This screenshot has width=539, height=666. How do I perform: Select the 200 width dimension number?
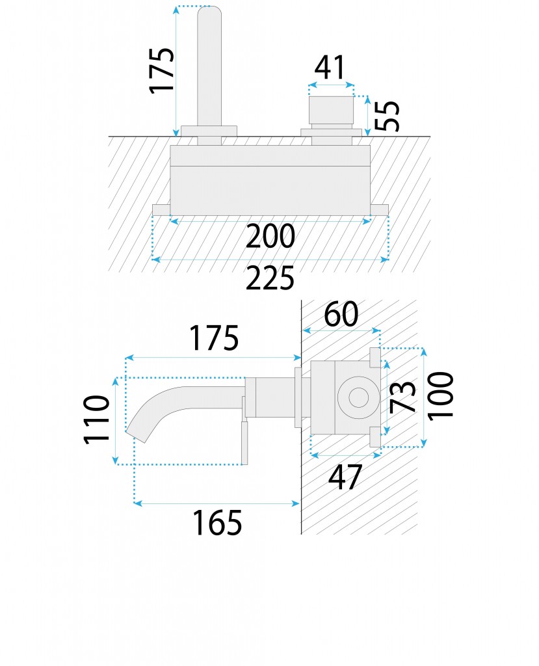point(270,237)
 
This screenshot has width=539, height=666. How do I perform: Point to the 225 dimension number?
point(270,279)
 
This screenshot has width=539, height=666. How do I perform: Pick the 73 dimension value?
point(404,397)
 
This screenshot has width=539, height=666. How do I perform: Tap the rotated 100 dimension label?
point(441,395)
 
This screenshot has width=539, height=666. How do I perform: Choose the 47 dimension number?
point(345,478)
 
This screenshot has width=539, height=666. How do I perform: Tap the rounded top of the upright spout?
point(209,13)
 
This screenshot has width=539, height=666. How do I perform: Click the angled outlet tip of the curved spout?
point(133,433)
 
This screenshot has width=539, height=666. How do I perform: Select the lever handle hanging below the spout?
point(244,442)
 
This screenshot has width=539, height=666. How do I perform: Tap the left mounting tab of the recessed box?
point(161,209)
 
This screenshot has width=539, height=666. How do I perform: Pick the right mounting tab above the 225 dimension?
point(379,209)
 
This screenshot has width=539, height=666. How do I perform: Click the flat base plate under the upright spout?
point(209,130)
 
